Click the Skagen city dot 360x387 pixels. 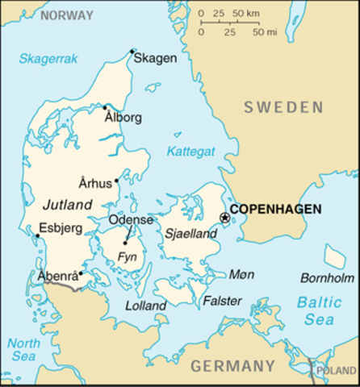(x=132, y=52)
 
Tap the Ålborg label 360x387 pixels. (x=123, y=118)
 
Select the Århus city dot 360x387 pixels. (x=117, y=181)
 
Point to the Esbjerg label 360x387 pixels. (x=61, y=228)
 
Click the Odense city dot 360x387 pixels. (x=125, y=242)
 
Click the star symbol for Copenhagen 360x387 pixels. (x=225, y=216)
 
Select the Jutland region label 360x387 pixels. (x=68, y=204)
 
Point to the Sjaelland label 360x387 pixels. (x=191, y=234)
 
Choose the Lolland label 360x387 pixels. (x=146, y=306)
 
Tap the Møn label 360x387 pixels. (x=241, y=274)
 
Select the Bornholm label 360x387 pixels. (x=327, y=278)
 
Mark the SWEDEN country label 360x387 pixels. (x=284, y=107)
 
